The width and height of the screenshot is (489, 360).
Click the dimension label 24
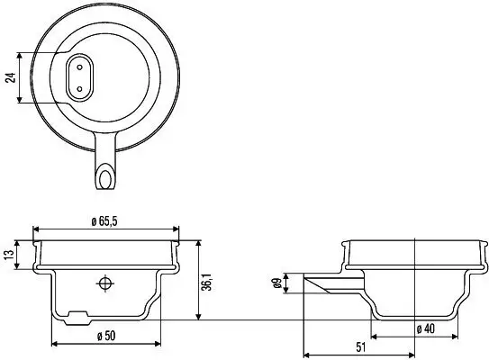tap(11, 77)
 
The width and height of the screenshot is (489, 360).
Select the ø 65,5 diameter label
tap(106, 220)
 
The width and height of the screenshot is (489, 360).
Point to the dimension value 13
tap(9, 256)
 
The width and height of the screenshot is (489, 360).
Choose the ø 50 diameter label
tap(106, 335)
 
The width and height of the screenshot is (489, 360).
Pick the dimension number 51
tap(359, 346)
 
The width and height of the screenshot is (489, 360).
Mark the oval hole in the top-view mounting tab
tap(107, 172)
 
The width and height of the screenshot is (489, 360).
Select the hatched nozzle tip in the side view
tap(317, 284)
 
